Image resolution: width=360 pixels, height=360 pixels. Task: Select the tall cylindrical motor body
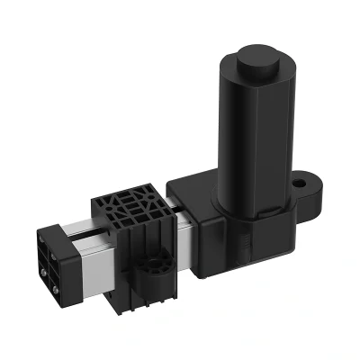(254, 135)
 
